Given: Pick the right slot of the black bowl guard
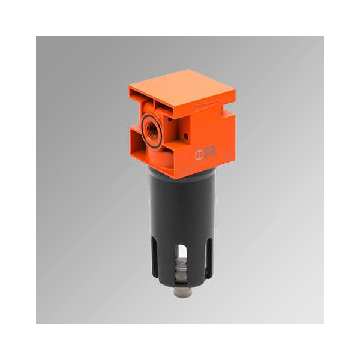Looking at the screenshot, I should pos(203,255).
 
